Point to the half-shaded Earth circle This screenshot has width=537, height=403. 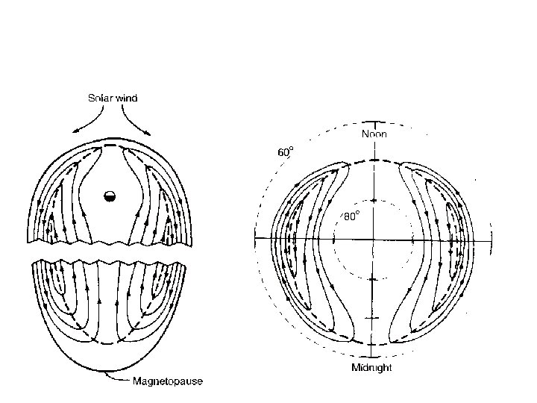[110, 196]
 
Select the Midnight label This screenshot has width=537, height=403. [371, 367]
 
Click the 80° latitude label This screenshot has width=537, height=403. [351, 216]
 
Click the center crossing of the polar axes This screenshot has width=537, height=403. [371, 239]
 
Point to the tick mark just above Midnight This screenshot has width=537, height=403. [371, 355]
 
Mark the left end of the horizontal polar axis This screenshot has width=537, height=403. [257, 239]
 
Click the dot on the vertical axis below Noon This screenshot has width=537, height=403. [371, 201]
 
